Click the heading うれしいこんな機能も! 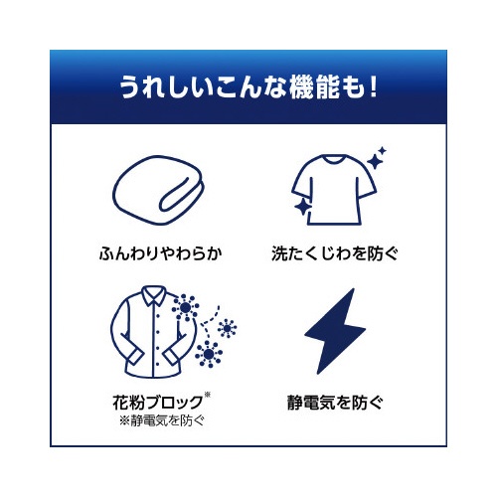click(x=248, y=87)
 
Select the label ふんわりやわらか click(x=160, y=253)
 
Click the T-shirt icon click(x=334, y=190)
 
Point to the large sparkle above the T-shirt click(x=376, y=161)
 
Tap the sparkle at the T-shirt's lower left click(x=302, y=208)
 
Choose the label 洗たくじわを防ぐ click(x=334, y=253)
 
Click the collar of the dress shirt click(x=153, y=295)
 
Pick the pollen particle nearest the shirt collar click(x=185, y=308)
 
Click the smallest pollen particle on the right click(x=227, y=328)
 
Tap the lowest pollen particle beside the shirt click(x=209, y=354)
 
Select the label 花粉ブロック click(x=158, y=403)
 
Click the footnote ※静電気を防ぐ click(x=162, y=420)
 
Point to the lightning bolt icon click(x=335, y=331)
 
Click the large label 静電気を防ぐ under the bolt click(x=335, y=403)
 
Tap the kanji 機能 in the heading click(x=315, y=87)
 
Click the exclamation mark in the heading click(x=373, y=87)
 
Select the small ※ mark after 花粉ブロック click(x=208, y=395)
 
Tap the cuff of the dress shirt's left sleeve click(x=135, y=358)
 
